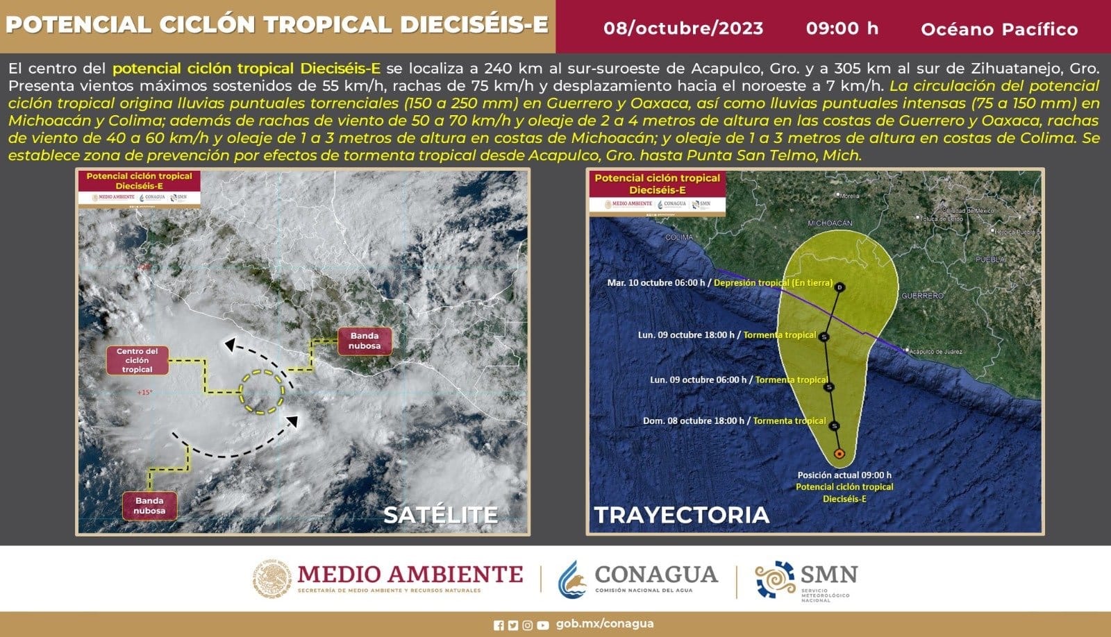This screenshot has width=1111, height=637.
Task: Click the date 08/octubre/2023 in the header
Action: [683, 28]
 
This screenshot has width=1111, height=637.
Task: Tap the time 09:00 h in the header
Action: [842, 28]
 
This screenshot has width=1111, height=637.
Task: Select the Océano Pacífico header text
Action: [999, 29]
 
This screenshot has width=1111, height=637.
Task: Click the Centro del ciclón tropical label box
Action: [137, 361]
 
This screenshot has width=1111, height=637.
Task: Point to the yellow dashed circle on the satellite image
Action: [262, 392]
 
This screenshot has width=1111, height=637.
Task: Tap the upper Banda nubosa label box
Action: [365, 341]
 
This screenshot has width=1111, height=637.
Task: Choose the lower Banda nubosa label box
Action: [149, 506]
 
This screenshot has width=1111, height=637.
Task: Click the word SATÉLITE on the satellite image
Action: [440, 514]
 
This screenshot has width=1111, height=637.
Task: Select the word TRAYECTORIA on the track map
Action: [681, 514]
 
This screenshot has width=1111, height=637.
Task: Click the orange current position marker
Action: [839, 454]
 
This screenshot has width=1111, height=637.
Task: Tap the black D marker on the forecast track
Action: [839, 287]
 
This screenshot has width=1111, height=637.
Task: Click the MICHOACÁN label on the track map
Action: [830, 223]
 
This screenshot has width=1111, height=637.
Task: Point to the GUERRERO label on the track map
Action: [922, 296]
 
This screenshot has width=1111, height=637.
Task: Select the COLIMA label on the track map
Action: [678, 237]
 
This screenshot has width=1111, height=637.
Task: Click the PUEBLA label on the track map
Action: [989, 260]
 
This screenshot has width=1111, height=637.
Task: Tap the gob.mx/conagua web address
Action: [604, 624]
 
